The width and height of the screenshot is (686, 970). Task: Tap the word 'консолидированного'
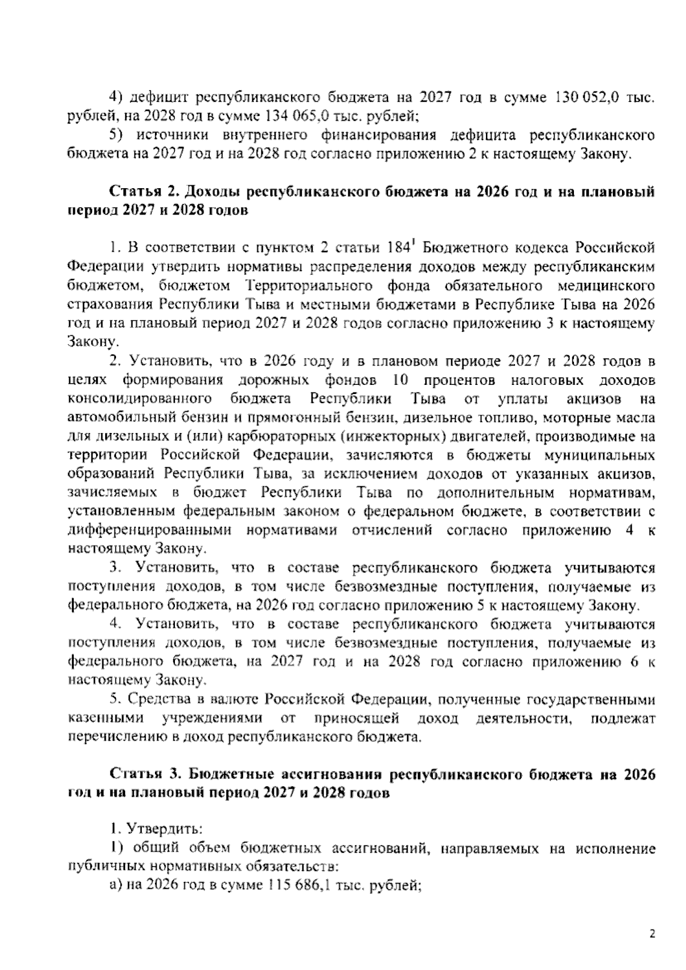click(x=141, y=399)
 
